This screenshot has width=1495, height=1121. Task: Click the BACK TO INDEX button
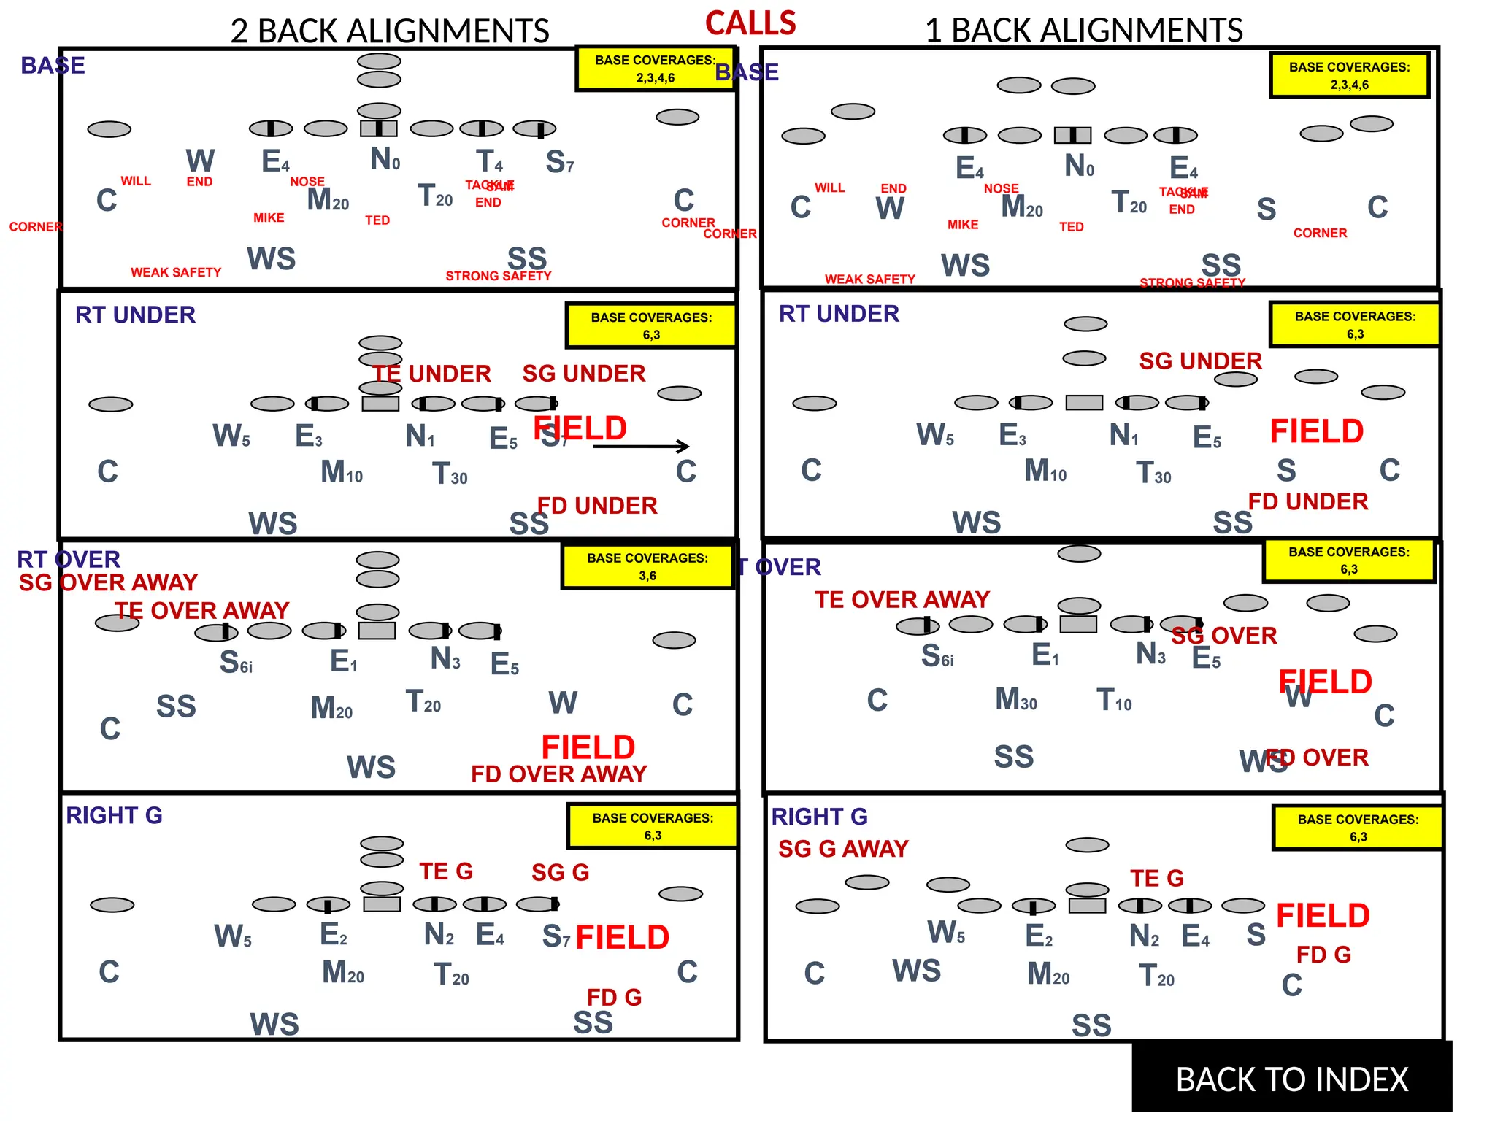[1291, 1079]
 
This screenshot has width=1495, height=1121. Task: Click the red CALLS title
[750, 23]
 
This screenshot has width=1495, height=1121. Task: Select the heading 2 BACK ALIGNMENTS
[390, 31]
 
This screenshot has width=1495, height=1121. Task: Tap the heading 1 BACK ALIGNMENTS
[1083, 31]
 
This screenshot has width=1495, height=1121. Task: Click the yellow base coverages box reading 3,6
[647, 566]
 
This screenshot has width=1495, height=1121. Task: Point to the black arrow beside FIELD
[641, 446]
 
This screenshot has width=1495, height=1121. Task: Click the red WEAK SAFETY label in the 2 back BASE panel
[176, 272]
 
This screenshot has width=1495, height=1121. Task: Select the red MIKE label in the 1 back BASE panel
[963, 225]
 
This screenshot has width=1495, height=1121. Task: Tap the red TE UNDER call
[432, 374]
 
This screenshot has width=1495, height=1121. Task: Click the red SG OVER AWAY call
[108, 582]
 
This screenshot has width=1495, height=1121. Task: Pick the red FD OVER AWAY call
[558, 774]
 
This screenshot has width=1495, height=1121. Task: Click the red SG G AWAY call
[843, 849]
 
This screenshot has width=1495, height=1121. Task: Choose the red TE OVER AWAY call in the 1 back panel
[902, 600]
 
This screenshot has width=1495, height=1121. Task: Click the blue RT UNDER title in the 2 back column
[135, 315]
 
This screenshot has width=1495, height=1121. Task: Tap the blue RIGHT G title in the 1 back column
[819, 816]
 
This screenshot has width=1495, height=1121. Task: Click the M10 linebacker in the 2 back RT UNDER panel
[341, 472]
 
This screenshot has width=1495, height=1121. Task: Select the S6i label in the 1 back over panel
[937, 656]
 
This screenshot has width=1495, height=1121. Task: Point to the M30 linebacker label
[1015, 700]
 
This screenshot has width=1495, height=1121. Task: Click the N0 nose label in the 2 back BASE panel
[385, 159]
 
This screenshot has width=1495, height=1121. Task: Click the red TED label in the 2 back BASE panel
[377, 220]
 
